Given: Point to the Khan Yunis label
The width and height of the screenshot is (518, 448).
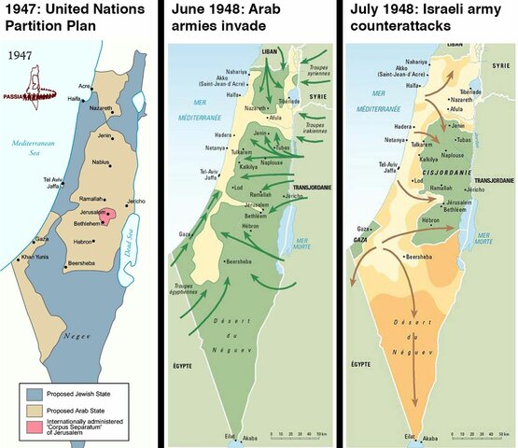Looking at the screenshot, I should click(x=35, y=256).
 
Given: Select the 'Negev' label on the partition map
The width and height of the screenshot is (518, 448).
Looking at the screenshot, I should click(x=77, y=333).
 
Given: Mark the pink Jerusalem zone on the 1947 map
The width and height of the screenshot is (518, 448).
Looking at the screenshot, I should click(x=109, y=215).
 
